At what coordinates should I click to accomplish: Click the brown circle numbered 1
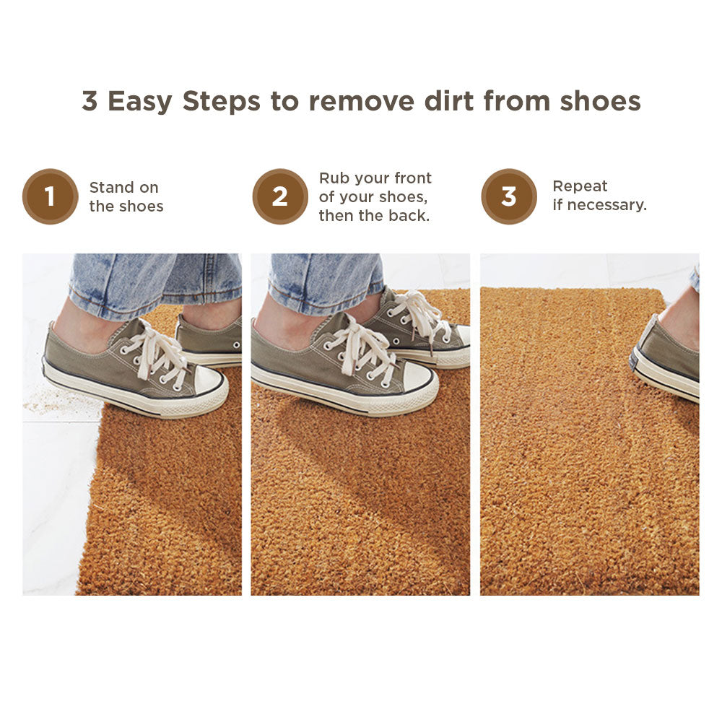click(51, 196)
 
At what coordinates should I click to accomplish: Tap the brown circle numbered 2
click(280, 196)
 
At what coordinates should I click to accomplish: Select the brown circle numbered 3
click(509, 196)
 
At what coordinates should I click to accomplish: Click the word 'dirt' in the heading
click(448, 101)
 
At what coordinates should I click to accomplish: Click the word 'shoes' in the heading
click(600, 101)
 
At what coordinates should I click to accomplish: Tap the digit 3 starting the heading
click(90, 101)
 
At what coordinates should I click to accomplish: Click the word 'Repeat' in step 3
click(580, 186)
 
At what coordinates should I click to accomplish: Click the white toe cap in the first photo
click(209, 381)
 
